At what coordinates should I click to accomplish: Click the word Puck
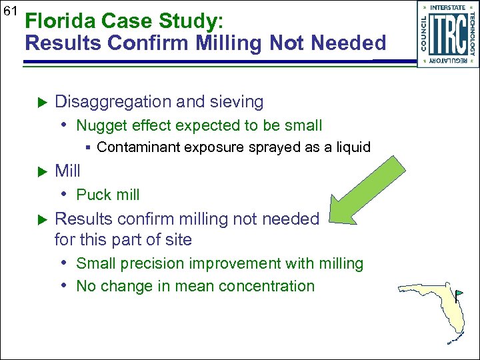tap(93, 195)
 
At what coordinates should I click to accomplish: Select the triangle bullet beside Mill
tap(39, 172)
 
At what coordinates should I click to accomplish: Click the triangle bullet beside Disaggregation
tap(39, 103)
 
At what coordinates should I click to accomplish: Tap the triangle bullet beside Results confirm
tap(39, 219)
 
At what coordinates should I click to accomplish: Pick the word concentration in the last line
tap(263, 286)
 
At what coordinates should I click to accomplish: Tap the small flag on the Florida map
tap(459, 293)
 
